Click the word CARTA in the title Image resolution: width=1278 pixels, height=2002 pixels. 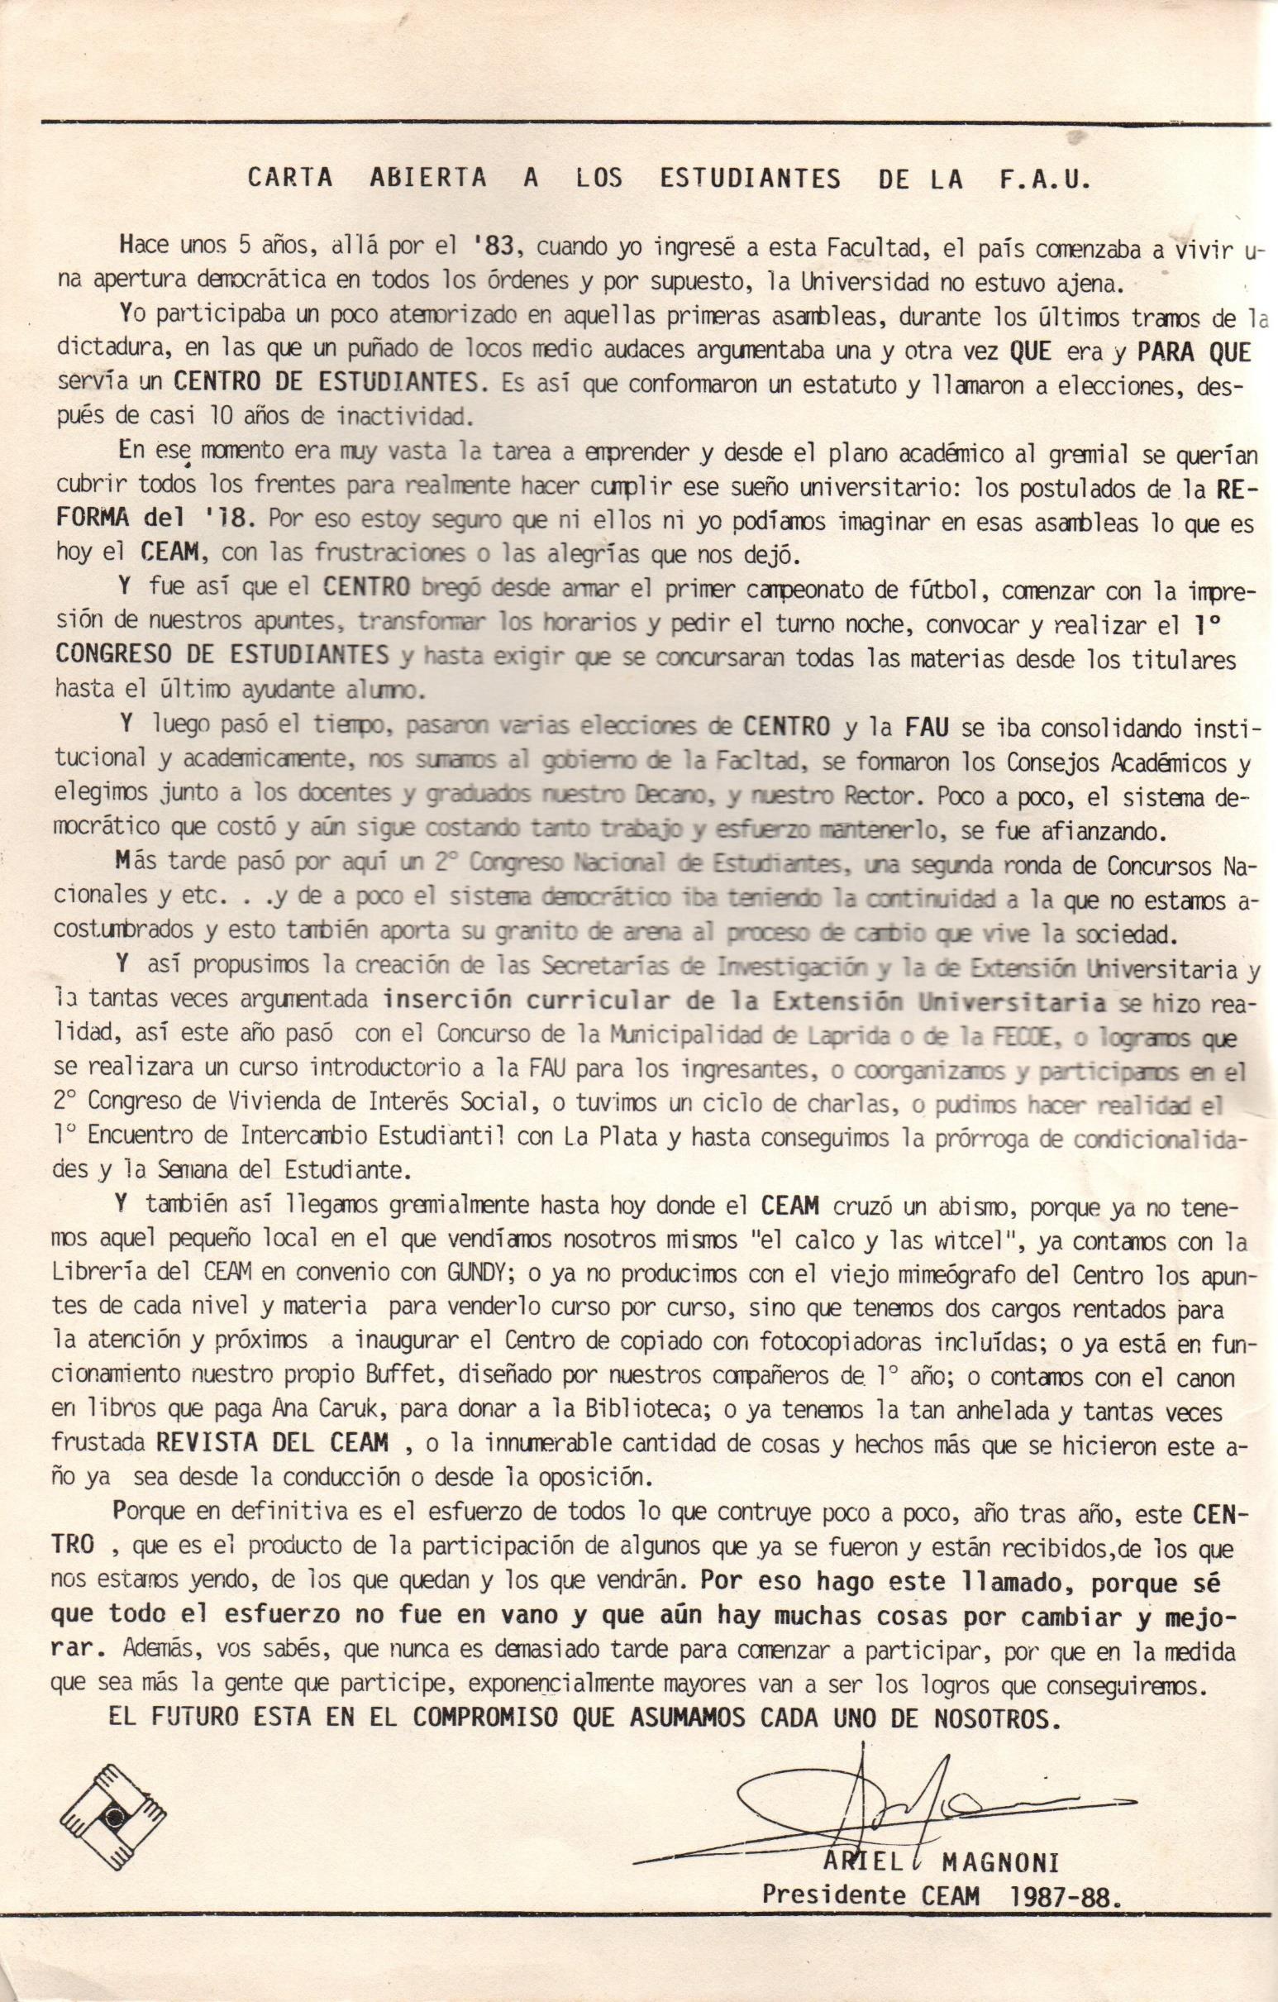click(290, 179)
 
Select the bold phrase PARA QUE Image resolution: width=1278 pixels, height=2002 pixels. click(1192, 351)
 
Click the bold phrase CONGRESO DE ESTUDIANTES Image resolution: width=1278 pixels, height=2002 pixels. click(222, 654)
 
